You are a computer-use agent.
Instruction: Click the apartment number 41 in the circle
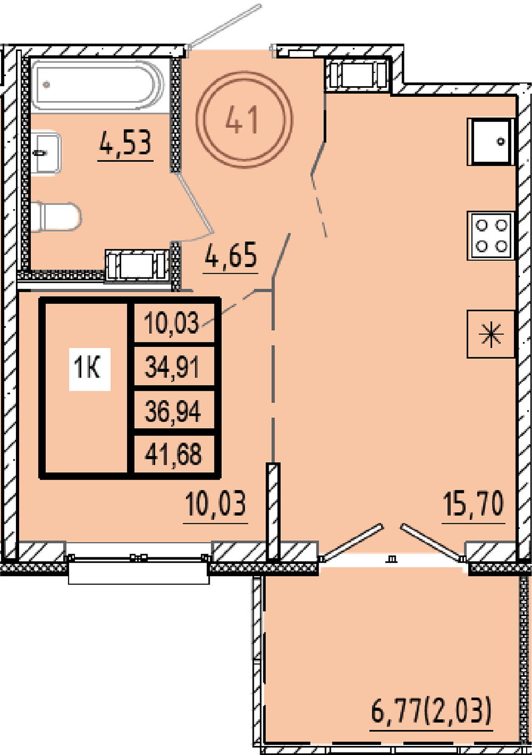(x=242, y=120)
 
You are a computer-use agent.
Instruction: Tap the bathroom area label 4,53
(x=125, y=144)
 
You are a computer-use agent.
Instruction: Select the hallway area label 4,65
(x=231, y=256)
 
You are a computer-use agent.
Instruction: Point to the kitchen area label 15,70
(x=473, y=504)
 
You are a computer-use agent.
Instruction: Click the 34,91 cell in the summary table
(x=172, y=367)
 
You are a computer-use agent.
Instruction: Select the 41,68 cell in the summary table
(x=173, y=455)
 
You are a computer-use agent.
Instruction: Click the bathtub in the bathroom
(x=98, y=85)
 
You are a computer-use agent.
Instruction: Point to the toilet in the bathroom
(x=56, y=217)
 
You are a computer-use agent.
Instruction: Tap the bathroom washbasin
(x=46, y=153)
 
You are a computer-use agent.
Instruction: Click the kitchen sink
(x=491, y=142)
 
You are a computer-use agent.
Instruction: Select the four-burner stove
(x=491, y=236)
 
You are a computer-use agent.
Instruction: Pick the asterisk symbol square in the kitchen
(x=491, y=334)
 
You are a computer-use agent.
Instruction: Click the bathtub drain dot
(x=46, y=85)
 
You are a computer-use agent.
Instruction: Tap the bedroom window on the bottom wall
(x=138, y=562)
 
